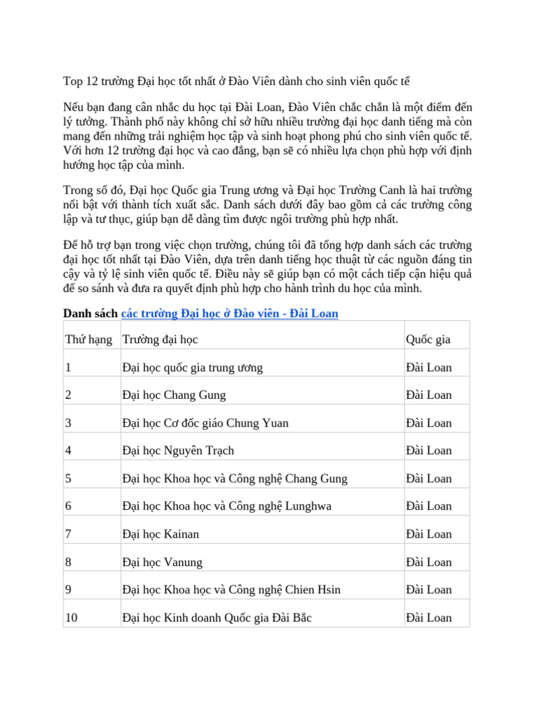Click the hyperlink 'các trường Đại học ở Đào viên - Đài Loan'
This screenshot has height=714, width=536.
230,314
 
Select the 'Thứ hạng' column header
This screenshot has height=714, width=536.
89,340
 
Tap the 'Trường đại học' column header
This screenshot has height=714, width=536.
160,340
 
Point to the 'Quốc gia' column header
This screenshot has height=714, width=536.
428,340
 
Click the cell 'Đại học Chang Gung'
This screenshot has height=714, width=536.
174,395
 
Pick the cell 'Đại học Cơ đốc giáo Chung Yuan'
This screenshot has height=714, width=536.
204,423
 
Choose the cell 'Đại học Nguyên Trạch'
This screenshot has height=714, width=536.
178,450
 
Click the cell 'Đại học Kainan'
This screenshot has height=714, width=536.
161,534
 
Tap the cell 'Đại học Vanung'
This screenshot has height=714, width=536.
162,562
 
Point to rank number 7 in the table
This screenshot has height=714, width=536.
68,534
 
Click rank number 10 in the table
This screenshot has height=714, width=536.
71,618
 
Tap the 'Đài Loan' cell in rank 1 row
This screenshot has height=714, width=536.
429,367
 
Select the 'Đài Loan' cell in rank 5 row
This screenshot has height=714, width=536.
429,478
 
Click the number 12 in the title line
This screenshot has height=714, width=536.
93,81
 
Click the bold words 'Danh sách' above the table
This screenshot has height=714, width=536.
90,314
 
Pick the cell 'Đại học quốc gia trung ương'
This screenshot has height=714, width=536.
192,367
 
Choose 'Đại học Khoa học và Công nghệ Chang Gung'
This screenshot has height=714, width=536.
234,478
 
